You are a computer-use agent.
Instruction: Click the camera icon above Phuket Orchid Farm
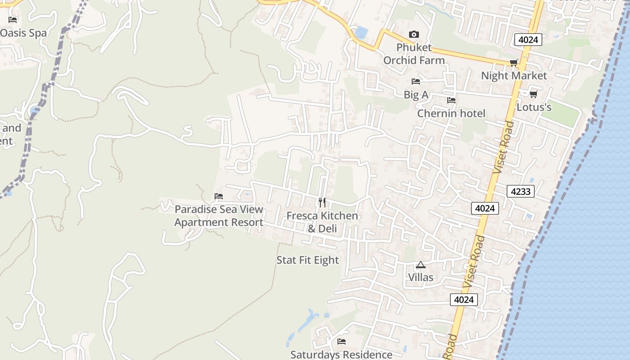coord(414,35)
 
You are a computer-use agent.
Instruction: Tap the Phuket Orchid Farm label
coord(414,54)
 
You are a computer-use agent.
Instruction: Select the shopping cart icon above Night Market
coord(513,63)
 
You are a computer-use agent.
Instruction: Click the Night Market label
coord(514,76)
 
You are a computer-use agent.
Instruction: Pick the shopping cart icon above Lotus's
coord(533,94)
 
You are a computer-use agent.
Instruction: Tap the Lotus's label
coord(534,107)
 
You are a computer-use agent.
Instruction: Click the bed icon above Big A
coord(416,81)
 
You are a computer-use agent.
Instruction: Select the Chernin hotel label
coord(451,113)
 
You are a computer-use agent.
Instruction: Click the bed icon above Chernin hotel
coord(451,100)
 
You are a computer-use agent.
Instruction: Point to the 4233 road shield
coord(521,191)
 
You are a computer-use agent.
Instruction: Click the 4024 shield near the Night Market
coord(528,40)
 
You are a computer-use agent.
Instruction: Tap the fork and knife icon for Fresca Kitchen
coord(322,202)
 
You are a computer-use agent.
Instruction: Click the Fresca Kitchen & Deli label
coord(322,222)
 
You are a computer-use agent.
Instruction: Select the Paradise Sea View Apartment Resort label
coord(219,216)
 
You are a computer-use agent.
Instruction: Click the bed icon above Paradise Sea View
coord(219,196)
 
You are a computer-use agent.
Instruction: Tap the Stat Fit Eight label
coord(307,260)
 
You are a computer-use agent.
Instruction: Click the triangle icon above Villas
coord(420,265)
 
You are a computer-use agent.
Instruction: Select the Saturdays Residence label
coord(341,355)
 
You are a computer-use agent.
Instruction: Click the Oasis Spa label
coord(23,33)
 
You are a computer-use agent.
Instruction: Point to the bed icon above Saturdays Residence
coord(342,342)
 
